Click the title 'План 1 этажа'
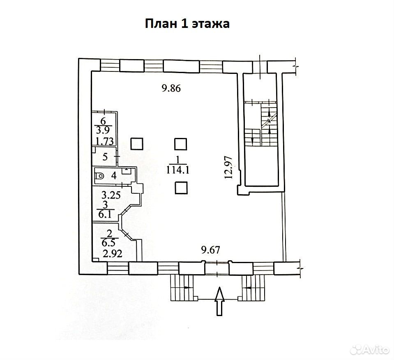187,24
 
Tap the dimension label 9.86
171,88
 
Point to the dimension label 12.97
229,167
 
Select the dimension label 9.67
211,250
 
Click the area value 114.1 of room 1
177,170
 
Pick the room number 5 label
105,157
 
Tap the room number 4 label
114,175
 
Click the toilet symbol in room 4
100,176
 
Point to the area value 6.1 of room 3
105,215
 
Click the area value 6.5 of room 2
108,243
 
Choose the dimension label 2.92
113,253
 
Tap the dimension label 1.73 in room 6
104,141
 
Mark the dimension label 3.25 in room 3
111,195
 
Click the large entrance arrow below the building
220,301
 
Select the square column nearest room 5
137,144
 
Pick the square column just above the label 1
181,144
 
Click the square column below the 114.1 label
181,188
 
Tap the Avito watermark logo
370,349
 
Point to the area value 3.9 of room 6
103,130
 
